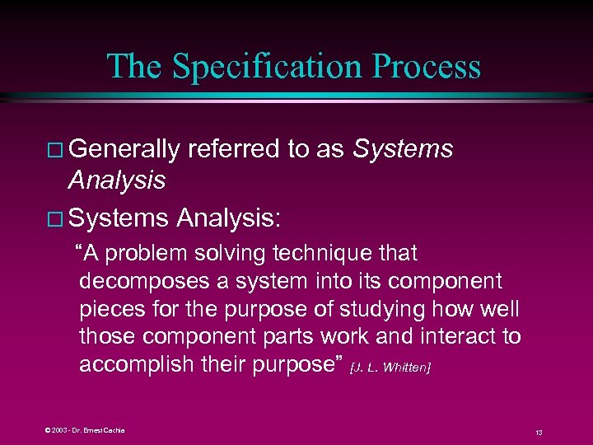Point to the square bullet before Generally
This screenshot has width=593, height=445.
pyautogui.click(x=56, y=151)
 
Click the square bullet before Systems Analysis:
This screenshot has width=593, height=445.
pyautogui.click(x=56, y=220)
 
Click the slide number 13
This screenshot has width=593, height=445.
pyautogui.click(x=538, y=432)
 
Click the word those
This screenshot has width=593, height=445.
pyautogui.click(x=107, y=337)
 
